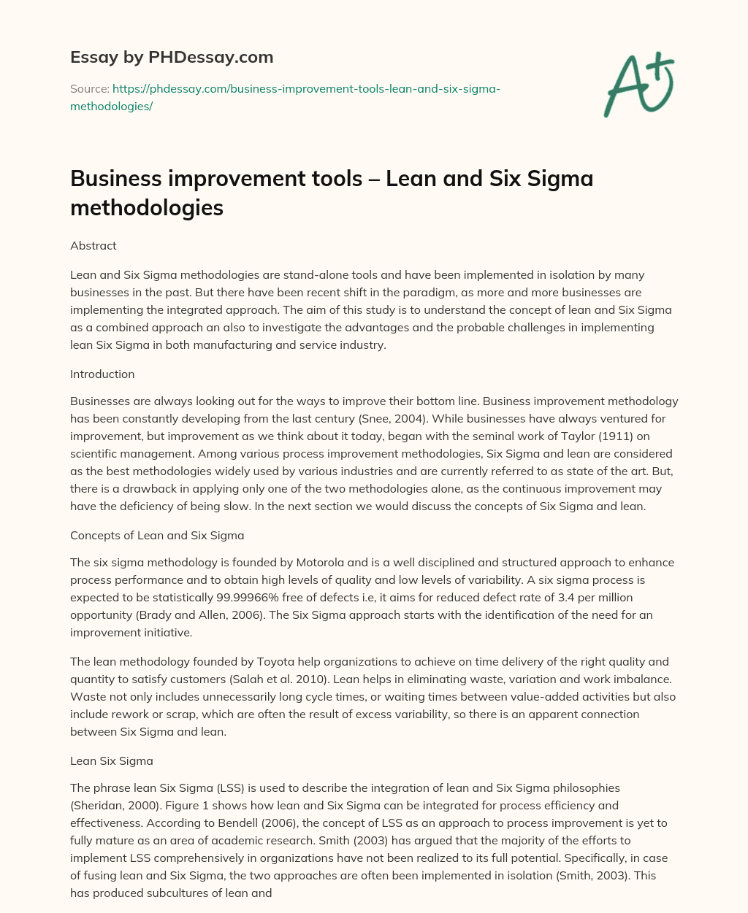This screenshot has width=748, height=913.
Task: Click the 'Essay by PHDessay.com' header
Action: pos(171,56)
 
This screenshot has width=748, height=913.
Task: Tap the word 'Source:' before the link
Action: pos(89,89)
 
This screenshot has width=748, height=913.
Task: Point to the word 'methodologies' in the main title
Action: pos(146,208)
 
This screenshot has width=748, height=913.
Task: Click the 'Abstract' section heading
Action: pos(93,246)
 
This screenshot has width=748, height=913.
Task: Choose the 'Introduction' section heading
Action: pos(102,374)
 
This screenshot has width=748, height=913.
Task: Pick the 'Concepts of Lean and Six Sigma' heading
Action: pos(157,535)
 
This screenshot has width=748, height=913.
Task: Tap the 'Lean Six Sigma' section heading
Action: pos(111,760)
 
